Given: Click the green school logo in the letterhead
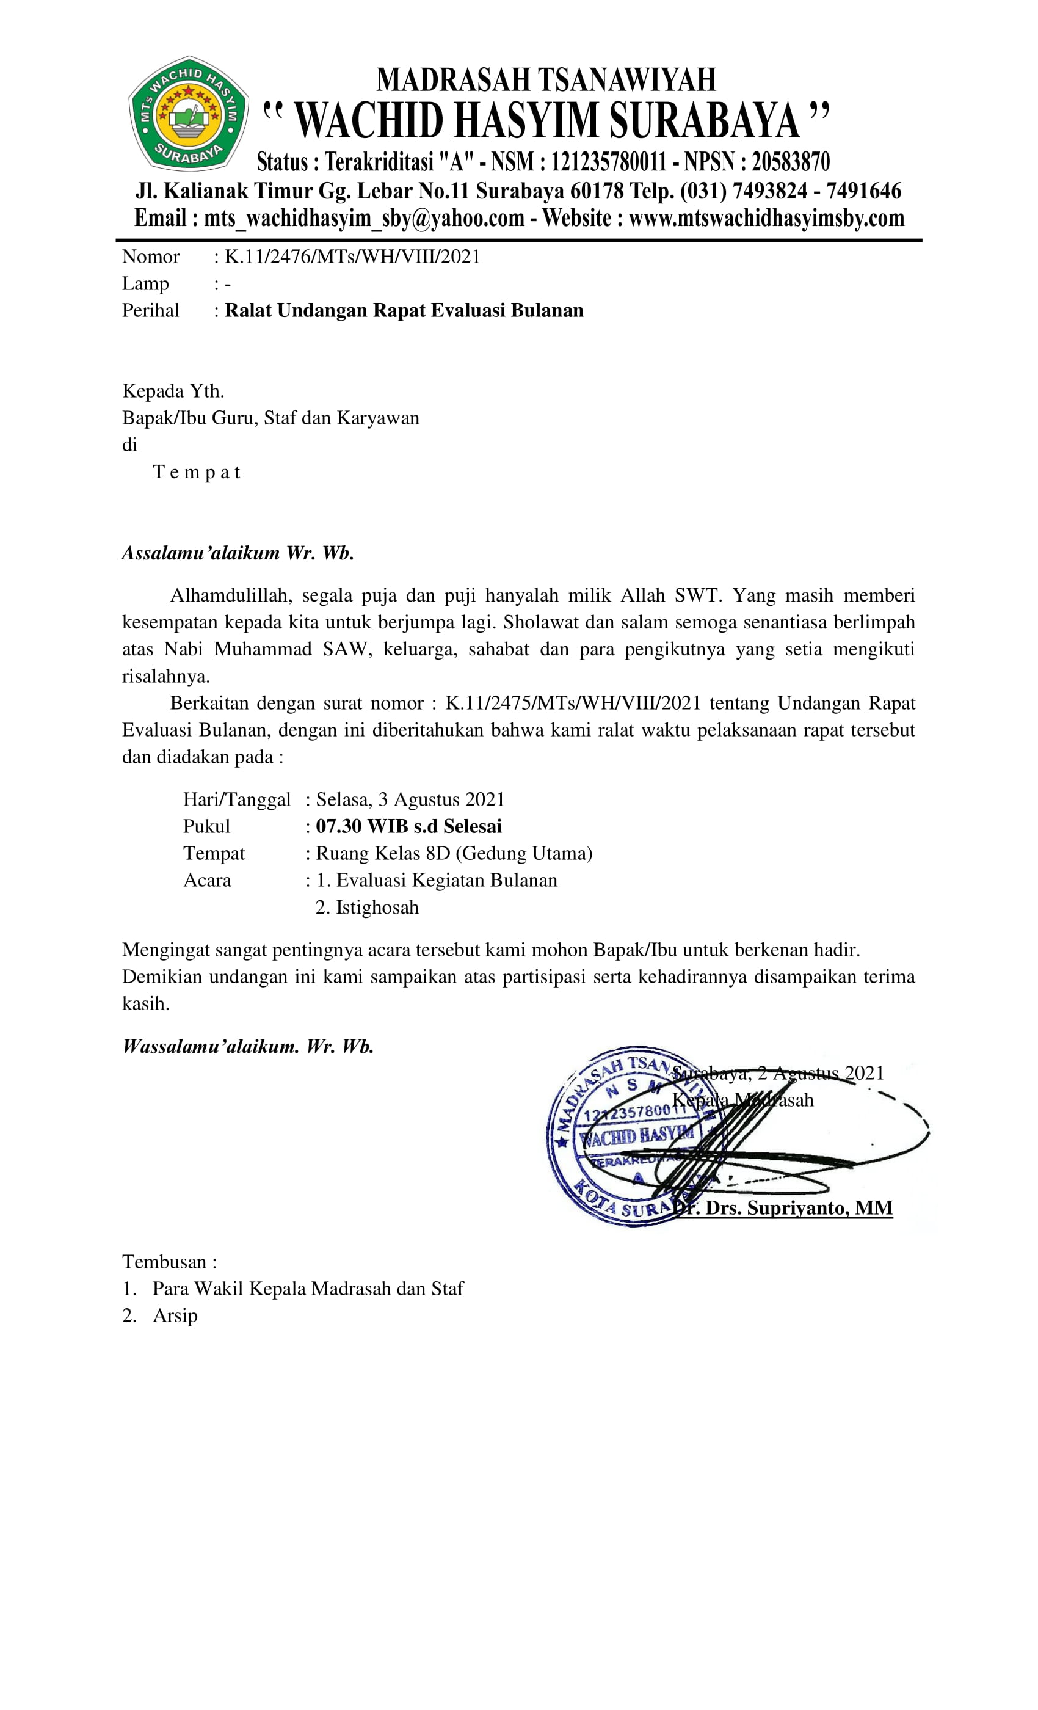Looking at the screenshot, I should (188, 113).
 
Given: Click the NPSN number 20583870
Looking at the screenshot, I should (790, 162).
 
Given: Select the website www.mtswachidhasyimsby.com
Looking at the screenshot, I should (766, 218).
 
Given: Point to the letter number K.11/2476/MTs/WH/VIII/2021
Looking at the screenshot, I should (352, 256).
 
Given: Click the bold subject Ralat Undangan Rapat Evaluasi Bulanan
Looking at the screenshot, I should (404, 310).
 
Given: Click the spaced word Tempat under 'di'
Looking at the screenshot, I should (197, 473).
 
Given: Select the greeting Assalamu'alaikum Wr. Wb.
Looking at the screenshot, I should (238, 553).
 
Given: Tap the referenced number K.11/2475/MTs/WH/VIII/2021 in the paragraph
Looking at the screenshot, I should (573, 703).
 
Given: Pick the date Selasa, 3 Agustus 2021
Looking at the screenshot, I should (410, 799).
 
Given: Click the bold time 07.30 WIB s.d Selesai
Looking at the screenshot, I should (408, 826).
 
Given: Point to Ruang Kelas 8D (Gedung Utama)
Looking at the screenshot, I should (454, 854).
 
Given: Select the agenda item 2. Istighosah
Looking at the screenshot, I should (367, 908).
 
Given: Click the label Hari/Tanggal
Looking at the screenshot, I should (237, 799).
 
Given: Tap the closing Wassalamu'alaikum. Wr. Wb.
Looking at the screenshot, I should (248, 1047).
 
